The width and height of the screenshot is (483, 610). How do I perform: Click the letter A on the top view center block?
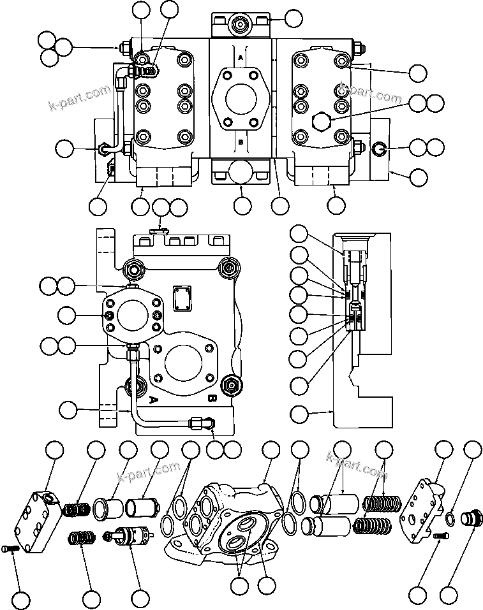click(x=241, y=57)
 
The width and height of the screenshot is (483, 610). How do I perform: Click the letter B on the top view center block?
click(x=241, y=143)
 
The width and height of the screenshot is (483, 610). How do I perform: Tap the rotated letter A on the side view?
click(x=153, y=400)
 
